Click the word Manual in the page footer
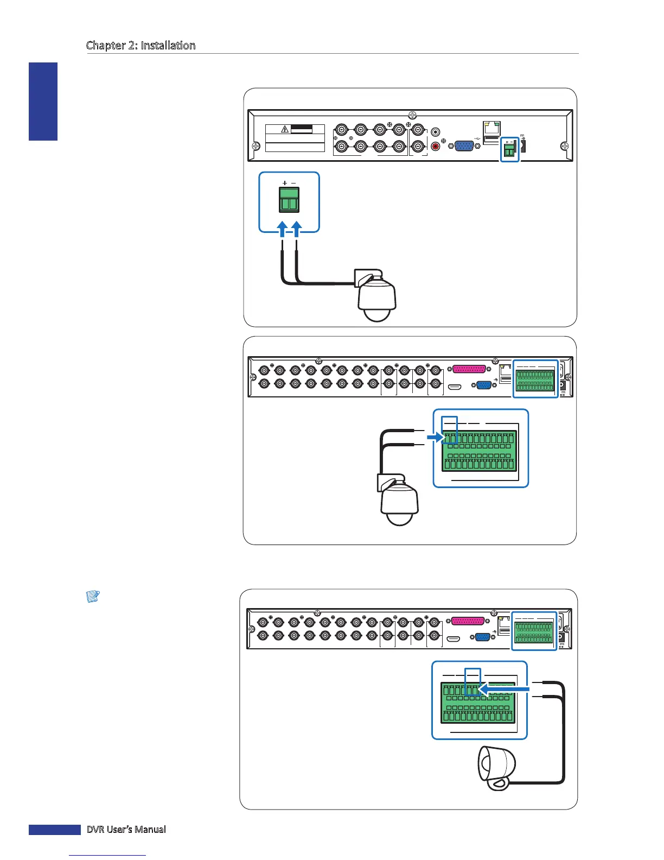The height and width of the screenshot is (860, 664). (151, 829)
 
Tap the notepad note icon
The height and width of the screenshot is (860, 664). (93, 597)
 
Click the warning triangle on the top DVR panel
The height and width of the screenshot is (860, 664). (284, 129)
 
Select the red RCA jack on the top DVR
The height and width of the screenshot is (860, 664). (435, 146)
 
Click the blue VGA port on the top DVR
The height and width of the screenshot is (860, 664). (464, 146)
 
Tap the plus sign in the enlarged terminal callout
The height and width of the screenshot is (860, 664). (285, 184)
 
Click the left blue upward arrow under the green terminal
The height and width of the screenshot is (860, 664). (282, 228)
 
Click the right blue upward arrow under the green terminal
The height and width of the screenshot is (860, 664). (296, 228)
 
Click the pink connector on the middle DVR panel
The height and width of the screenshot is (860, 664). (469, 369)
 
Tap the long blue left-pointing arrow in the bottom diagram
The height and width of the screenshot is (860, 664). (505, 689)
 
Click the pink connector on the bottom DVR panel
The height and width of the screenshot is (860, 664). (468, 621)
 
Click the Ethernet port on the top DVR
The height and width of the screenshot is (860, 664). (491, 128)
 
